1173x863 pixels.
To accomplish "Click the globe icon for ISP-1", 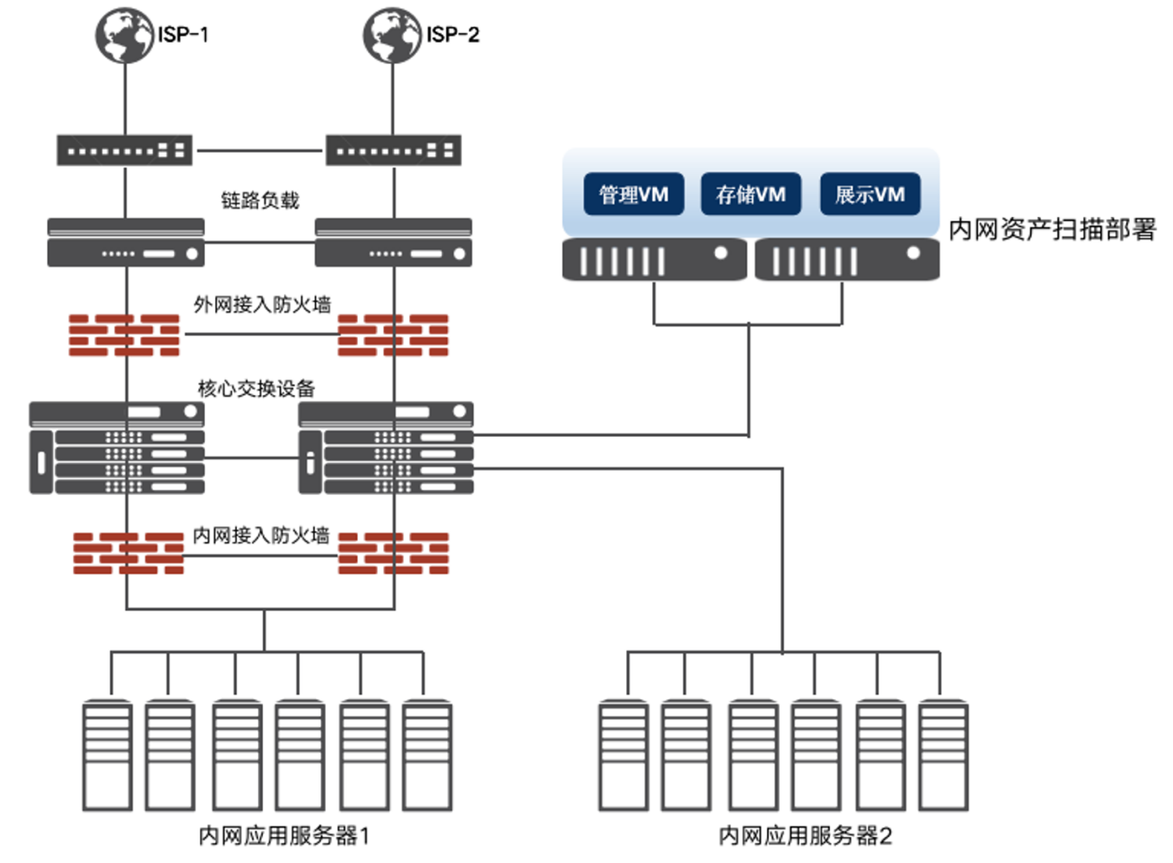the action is point(125,36).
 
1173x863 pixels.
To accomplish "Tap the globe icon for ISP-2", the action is point(392,36).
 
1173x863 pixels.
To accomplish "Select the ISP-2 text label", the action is point(453,35).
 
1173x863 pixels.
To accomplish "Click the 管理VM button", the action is point(634,194).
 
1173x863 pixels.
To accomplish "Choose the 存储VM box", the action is point(751,194).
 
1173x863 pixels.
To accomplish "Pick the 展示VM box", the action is point(870,194).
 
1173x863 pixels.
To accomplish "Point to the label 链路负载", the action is point(260,200).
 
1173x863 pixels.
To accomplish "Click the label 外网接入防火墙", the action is point(262,304).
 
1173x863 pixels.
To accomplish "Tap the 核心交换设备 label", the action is point(257,389).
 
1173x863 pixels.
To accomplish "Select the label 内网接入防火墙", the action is point(261,535).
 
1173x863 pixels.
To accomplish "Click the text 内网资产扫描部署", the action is point(1052,229).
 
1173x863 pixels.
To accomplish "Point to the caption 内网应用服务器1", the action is point(284,835).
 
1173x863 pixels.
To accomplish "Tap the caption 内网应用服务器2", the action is point(806,835).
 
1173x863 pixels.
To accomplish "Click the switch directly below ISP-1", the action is point(125,150).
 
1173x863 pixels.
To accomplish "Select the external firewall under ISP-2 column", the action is point(393,335).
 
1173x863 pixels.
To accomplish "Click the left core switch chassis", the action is point(116,448).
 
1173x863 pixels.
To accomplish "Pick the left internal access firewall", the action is point(129,554).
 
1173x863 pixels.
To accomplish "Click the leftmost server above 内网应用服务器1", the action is point(108,755).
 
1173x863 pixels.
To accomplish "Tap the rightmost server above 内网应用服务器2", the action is point(944,755).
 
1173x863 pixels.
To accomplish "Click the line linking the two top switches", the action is point(260,151).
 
